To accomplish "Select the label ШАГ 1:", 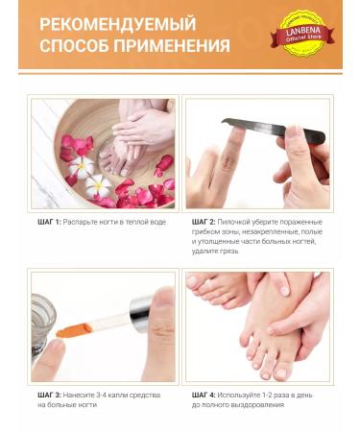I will [44, 221].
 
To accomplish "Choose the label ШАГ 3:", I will [44, 395].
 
